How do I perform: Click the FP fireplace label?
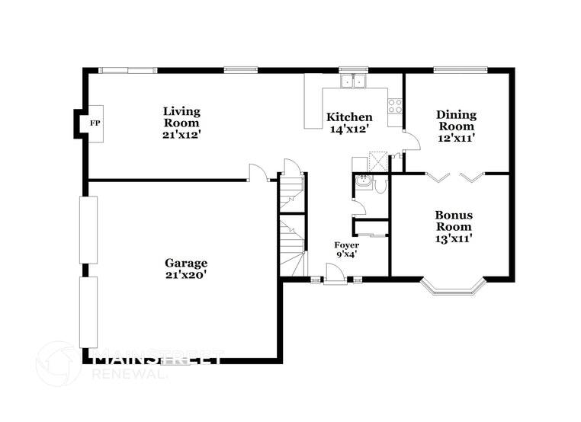[96, 123]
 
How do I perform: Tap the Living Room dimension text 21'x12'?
[181, 134]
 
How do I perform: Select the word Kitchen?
[349, 117]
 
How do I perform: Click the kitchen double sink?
[354, 81]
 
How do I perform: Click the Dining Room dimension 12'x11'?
[456, 138]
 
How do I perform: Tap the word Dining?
[456, 115]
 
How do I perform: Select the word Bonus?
[453, 216]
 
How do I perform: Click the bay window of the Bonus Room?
[454, 287]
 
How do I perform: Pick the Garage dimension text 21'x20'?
[186, 274]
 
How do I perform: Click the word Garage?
[186, 263]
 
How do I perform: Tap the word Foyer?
[346, 245]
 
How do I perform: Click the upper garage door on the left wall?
[88, 229]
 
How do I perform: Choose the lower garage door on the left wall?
[88, 312]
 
